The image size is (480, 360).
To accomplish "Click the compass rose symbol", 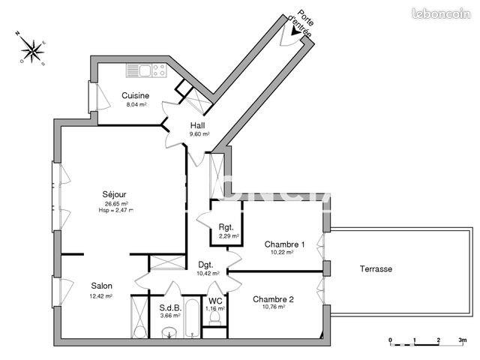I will point(32,50).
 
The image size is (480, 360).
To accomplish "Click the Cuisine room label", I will point(136,95).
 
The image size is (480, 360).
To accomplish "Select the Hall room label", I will point(198,125).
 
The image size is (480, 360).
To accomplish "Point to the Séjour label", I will point(115,194).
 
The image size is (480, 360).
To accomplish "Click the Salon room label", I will point(102,286).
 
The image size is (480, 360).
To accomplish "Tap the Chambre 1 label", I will point(284,244).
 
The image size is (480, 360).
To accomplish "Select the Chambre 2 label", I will point(272,298).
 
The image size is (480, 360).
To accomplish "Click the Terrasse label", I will point(376,268).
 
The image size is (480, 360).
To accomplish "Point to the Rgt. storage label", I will point(226,227).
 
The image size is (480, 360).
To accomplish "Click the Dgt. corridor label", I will point(206,265).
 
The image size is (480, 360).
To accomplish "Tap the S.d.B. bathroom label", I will point(169,307).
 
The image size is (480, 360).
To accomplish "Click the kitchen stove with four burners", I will point(158,70).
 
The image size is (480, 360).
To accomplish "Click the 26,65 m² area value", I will point(115,203).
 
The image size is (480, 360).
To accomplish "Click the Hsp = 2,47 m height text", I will point(115,211).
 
